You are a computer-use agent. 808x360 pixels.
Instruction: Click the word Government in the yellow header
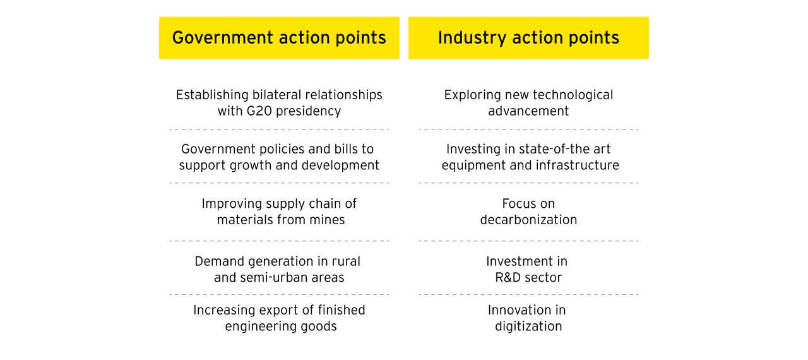(x=223, y=37)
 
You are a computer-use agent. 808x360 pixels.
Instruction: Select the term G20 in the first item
(x=259, y=111)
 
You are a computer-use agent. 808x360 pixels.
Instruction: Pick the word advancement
(x=528, y=111)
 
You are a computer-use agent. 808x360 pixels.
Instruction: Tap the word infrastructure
(x=578, y=165)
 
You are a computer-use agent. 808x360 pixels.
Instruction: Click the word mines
(x=327, y=220)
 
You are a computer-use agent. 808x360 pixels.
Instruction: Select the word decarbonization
(x=528, y=220)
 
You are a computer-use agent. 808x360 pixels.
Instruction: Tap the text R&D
(x=508, y=277)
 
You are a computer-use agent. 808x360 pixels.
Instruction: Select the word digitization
(x=528, y=327)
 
